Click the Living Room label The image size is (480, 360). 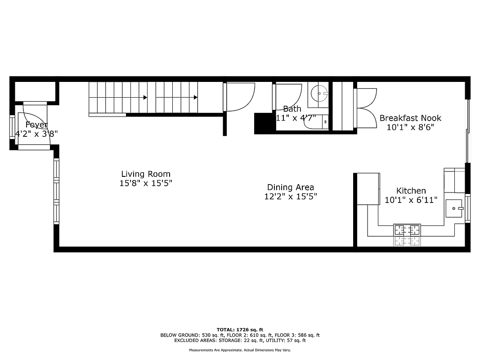coord(146,174)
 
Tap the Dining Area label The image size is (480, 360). coord(291,187)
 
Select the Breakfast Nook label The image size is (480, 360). coord(410,118)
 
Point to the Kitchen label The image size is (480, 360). coord(411,191)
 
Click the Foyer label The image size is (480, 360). coord(36,125)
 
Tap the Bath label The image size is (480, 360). coord(292,109)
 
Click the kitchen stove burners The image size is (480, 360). coord(408,230)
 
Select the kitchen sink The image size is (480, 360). coord(454,208)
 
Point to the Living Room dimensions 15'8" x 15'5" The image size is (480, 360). coord(146,183)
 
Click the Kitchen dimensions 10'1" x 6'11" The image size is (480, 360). coord(411,200)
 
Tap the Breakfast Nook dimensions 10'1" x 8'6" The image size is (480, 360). coord(410,127)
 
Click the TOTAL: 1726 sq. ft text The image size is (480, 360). coord(240,329)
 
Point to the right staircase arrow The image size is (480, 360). coord(196,97)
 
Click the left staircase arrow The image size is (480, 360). coord(145,97)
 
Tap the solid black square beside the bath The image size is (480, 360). coord(264,123)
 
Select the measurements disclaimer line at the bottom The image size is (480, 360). coord(240,350)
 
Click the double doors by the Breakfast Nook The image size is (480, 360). coord(365,108)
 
